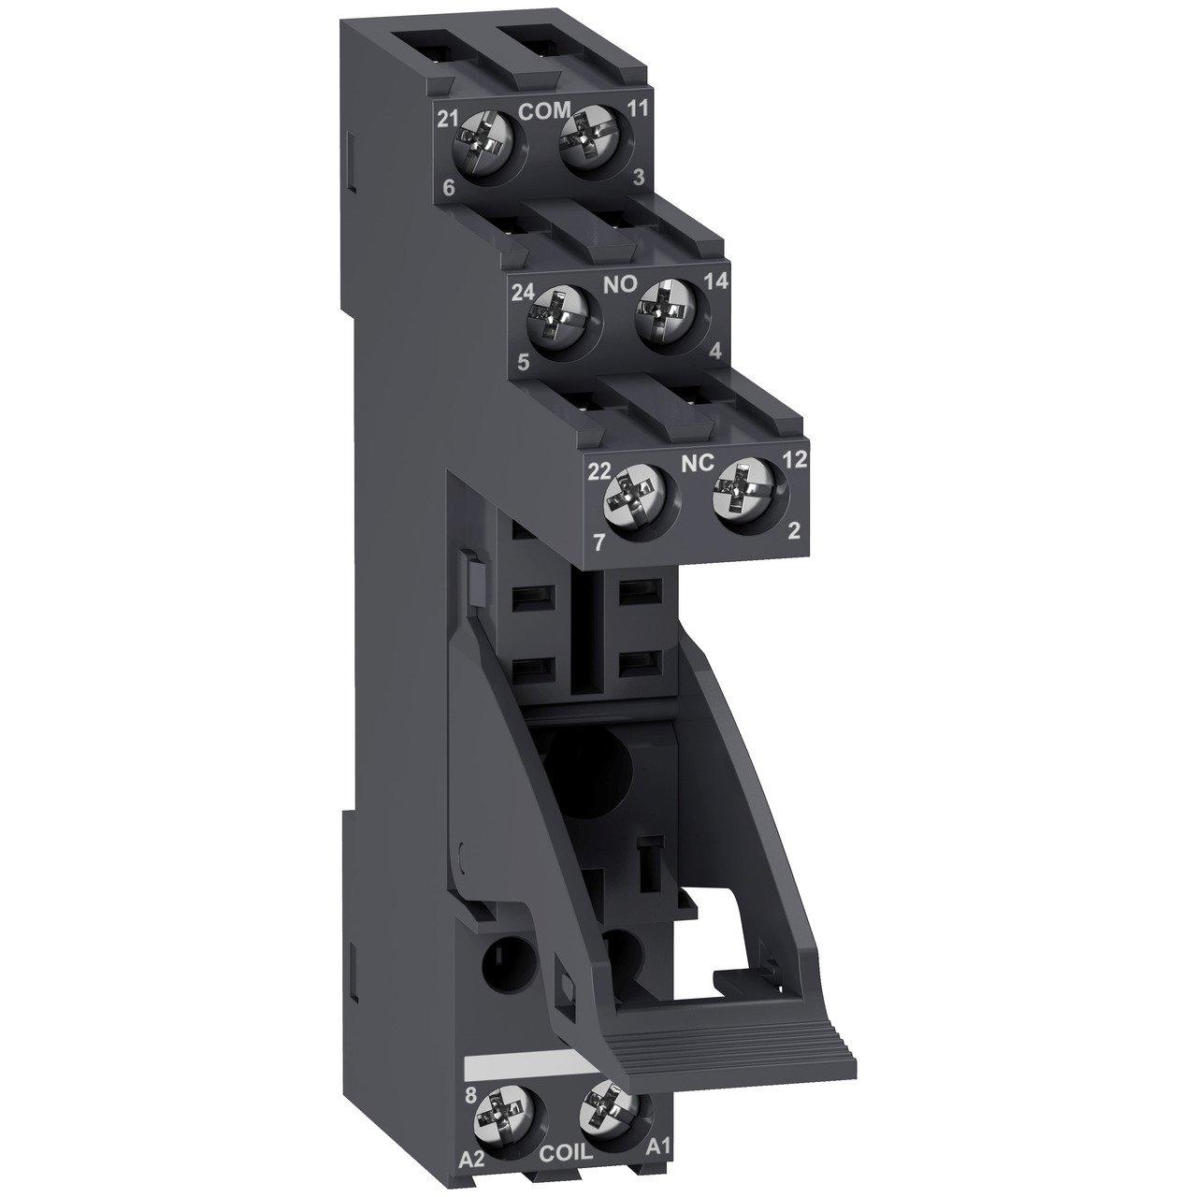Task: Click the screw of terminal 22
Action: (632, 499)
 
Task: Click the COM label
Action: (544, 111)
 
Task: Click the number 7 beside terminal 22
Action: (598, 540)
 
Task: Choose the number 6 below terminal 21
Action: (450, 188)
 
